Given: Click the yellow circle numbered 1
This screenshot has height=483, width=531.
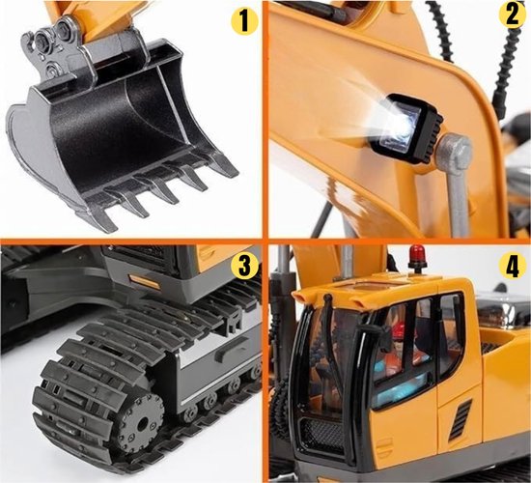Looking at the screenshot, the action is click(x=244, y=20).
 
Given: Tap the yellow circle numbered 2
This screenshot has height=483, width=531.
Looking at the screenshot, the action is click(x=513, y=14).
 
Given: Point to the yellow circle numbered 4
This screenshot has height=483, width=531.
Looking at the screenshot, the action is click(x=513, y=266).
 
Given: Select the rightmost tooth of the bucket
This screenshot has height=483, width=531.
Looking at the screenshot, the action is click(x=224, y=164).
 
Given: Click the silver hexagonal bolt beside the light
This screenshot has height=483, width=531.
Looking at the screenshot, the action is click(x=455, y=150).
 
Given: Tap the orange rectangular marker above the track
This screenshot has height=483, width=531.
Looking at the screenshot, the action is click(x=145, y=282).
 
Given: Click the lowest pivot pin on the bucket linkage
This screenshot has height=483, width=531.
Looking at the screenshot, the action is click(x=52, y=71).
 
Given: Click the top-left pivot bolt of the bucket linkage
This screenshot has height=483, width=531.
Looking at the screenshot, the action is click(x=42, y=39).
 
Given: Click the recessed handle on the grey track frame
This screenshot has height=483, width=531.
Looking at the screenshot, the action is click(x=232, y=348).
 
